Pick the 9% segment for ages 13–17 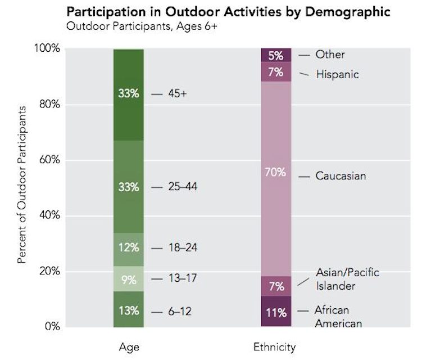[128, 279]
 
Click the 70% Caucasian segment [276, 172]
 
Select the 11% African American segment [276, 311]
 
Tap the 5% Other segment [276, 56]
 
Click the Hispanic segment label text [338, 74]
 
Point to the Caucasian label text [340, 176]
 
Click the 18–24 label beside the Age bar [183, 248]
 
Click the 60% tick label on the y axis [49, 160]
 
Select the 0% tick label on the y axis [52, 326]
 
